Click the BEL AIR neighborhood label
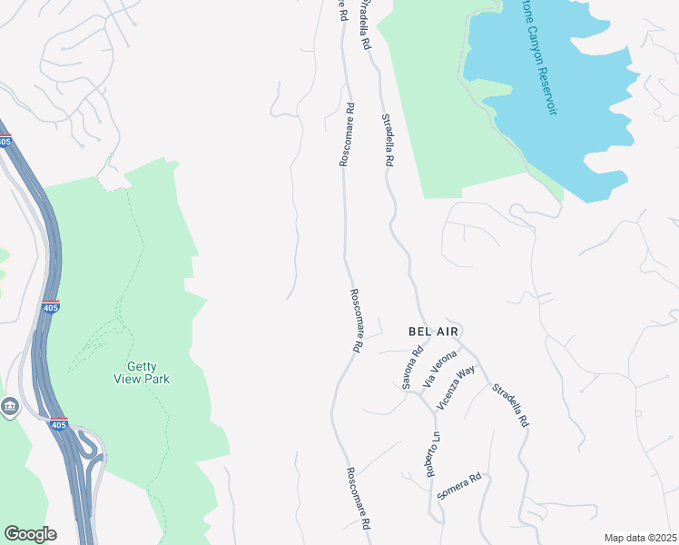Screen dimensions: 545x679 coord(438,332)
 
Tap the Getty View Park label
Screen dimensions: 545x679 coord(143,372)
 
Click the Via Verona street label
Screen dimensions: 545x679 coord(438,372)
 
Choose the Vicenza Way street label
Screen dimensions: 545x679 coord(456,388)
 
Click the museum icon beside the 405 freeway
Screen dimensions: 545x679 coord(10,406)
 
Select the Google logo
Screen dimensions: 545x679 coord(30,534)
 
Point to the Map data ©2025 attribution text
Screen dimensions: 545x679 coord(640,538)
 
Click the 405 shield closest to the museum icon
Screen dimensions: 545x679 coord(58,424)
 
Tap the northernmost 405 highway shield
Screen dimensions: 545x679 coord(5,142)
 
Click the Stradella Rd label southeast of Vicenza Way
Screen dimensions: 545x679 coord(509,405)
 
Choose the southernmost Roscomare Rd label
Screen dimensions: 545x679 coord(359,499)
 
